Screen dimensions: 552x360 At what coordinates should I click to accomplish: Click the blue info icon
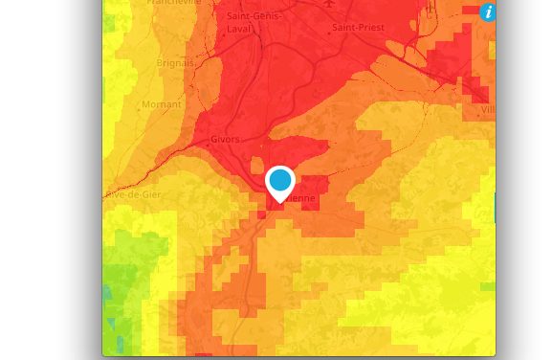coord(488,11)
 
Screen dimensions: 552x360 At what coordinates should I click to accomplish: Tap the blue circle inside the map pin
coord(280,179)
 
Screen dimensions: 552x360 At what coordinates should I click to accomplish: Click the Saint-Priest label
coord(360,28)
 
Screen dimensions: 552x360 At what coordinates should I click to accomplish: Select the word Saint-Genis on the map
coord(254,16)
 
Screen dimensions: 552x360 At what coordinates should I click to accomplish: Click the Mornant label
coord(161,104)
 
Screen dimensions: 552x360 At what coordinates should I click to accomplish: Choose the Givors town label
coord(224,139)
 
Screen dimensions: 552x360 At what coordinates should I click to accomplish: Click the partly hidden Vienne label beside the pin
coord(300,198)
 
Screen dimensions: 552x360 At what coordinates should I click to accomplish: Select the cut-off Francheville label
coord(174,3)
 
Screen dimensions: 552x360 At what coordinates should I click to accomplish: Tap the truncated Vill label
coord(488,110)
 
